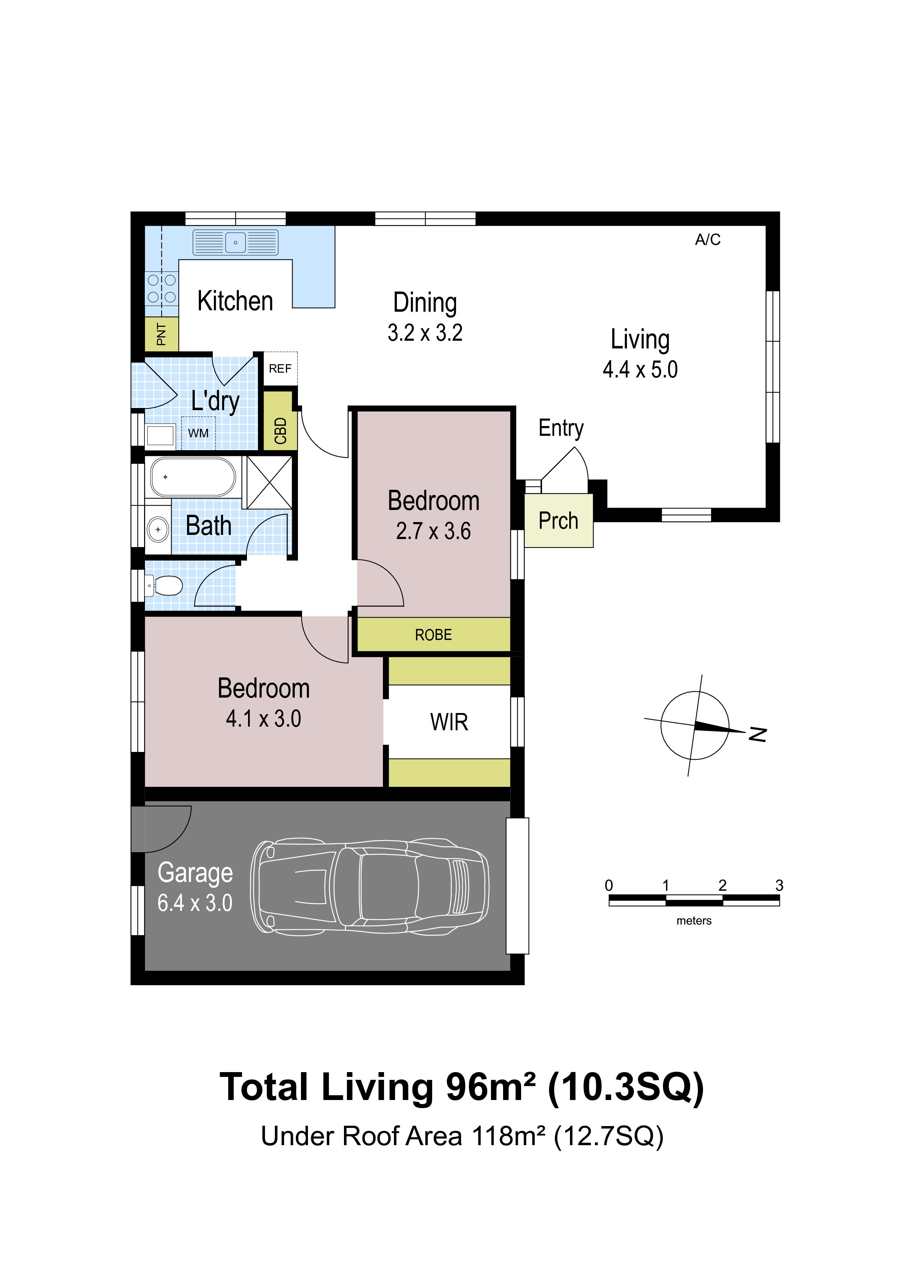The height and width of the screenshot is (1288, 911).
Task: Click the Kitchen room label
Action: pyautogui.click(x=235, y=301)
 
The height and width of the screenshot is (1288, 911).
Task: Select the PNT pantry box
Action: pyautogui.click(x=162, y=334)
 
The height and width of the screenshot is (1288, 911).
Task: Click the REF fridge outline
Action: pyautogui.click(x=280, y=369)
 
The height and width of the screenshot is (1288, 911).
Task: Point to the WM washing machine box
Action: pyautogui.click(x=198, y=433)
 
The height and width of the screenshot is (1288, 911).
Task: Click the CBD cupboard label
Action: pyautogui.click(x=281, y=431)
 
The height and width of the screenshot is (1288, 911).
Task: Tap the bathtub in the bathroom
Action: pyautogui.click(x=193, y=477)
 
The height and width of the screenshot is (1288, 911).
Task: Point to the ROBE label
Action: pyautogui.click(x=433, y=635)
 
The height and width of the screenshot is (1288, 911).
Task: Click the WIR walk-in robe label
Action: pyautogui.click(x=449, y=722)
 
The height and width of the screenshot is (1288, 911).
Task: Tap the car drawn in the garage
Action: pyautogui.click(x=369, y=887)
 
